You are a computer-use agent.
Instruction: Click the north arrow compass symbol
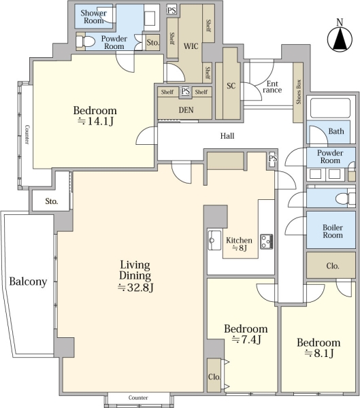click(x=340, y=37)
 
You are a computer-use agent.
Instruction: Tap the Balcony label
click(x=28, y=282)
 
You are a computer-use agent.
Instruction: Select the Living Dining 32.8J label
click(x=135, y=276)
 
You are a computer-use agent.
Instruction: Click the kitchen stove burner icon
click(x=267, y=241)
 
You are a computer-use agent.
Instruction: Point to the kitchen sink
click(x=214, y=241)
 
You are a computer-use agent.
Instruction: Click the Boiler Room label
click(x=333, y=231)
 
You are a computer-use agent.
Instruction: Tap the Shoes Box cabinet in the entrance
click(x=298, y=92)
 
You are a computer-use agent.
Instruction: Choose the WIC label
click(x=191, y=46)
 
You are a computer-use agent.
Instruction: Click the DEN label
click(x=186, y=110)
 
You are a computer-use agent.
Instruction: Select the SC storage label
click(x=231, y=86)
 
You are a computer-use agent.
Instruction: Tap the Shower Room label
click(x=93, y=16)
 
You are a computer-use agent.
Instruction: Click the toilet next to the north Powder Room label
click(x=86, y=41)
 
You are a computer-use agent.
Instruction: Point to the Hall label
click(x=227, y=136)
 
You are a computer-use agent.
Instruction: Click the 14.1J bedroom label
click(x=95, y=116)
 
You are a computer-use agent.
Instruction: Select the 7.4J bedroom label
click(x=246, y=334)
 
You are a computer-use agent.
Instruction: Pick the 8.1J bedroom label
click(x=318, y=348)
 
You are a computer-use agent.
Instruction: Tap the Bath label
click(x=336, y=131)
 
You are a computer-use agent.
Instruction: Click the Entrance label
click(x=272, y=87)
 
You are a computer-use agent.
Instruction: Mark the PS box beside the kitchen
click(x=273, y=158)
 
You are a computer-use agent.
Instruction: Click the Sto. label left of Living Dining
click(x=52, y=201)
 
